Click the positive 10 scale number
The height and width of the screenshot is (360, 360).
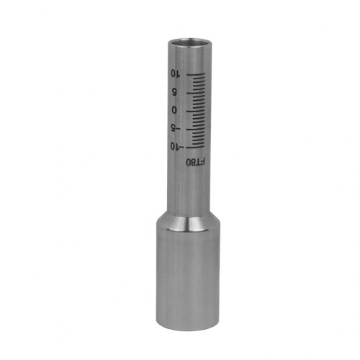175,73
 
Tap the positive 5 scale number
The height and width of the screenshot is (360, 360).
174,92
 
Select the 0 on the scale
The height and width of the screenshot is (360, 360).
174,110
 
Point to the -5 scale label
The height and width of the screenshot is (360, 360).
176,128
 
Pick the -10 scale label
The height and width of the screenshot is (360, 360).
177,146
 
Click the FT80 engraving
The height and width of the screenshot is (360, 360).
196,162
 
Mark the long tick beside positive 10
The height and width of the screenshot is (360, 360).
196,75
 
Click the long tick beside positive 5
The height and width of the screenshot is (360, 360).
196,93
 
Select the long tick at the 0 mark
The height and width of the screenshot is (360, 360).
196,111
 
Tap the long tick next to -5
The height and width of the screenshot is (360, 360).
196,129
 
